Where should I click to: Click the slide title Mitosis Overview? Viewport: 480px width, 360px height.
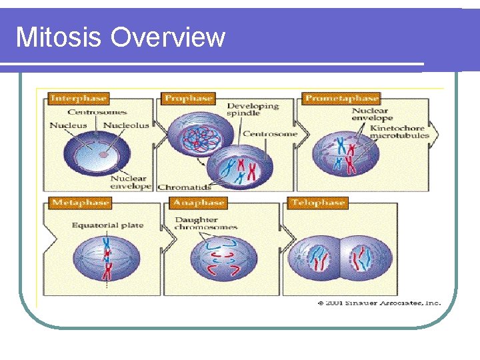[121, 37]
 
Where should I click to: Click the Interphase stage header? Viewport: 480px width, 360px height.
[78, 99]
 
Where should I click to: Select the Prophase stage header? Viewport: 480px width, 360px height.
[188, 99]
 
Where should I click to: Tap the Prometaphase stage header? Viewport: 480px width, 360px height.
[341, 99]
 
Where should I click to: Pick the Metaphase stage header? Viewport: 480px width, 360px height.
[79, 203]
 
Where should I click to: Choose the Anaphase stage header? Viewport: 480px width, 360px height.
[198, 203]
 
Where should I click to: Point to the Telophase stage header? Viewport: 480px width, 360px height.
[318, 203]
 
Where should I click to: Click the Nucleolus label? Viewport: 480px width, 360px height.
[126, 125]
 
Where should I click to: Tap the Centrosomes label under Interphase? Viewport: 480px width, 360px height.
[97, 112]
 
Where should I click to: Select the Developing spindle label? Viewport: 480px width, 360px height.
[253, 111]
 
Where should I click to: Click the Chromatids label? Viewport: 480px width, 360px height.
[183, 187]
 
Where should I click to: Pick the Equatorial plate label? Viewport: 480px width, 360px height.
[107, 225]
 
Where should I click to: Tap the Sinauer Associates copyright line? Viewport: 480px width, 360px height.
[379, 303]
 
